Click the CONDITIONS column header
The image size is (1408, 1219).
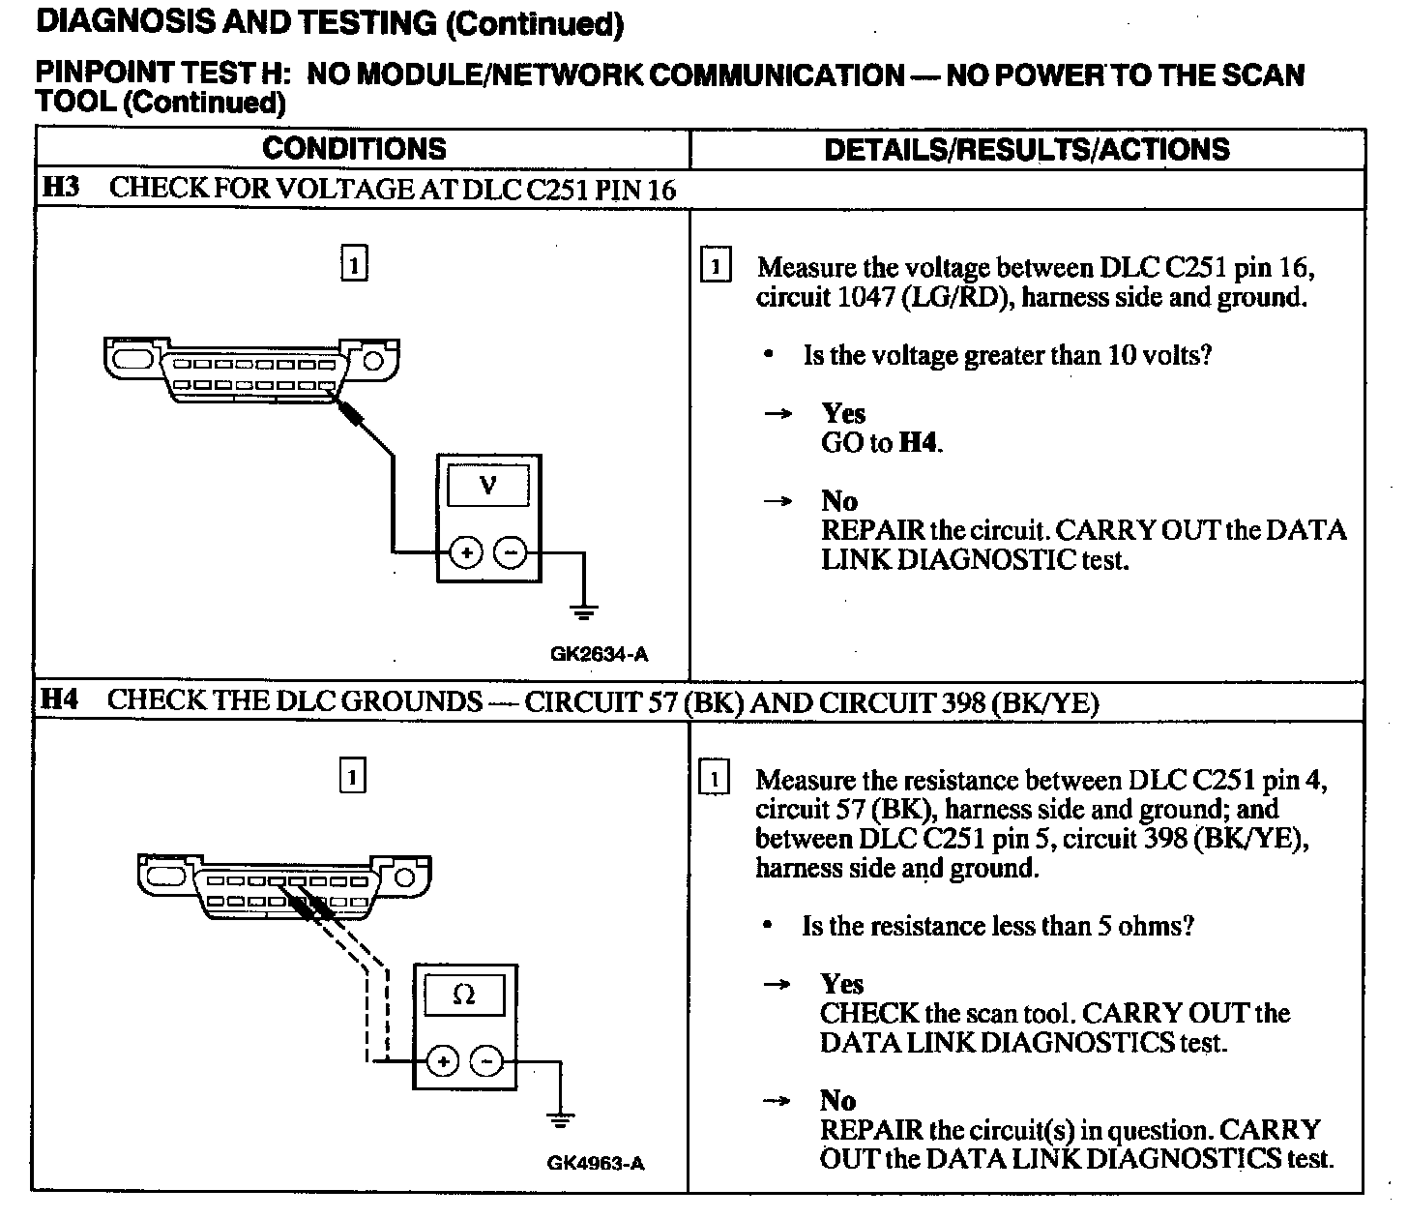pyautogui.click(x=354, y=149)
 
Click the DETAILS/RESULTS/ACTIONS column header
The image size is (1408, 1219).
pyautogui.click(x=1026, y=149)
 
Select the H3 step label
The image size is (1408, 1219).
pyautogui.click(x=61, y=187)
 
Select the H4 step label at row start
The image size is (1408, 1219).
pyautogui.click(x=59, y=699)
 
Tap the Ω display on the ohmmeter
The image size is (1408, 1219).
pyautogui.click(x=464, y=996)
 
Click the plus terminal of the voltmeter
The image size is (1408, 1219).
pyautogui.click(x=466, y=552)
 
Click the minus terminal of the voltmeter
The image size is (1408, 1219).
pyautogui.click(x=511, y=552)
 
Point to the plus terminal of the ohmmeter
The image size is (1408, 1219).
pyautogui.click(x=442, y=1061)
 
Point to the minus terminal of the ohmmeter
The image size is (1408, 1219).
pyautogui.click(x=486, y=1061)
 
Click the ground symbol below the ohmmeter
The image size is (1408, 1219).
pyautogui.click(x=560, y=1120)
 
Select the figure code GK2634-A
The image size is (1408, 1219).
pyautogui.click(x=599, y=654)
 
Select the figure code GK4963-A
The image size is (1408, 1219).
pyautogui.click(x=596, y=1163)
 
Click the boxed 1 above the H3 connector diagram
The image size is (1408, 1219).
pyautogui.click(x=355, y=264)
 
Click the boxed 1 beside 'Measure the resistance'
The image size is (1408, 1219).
pyautogui.click(x=714, y=779)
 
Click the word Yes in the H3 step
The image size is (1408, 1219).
pyautogui.click(x=843, y=414)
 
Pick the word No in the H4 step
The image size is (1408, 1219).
pyautogui.click(x=837, y=1101)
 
